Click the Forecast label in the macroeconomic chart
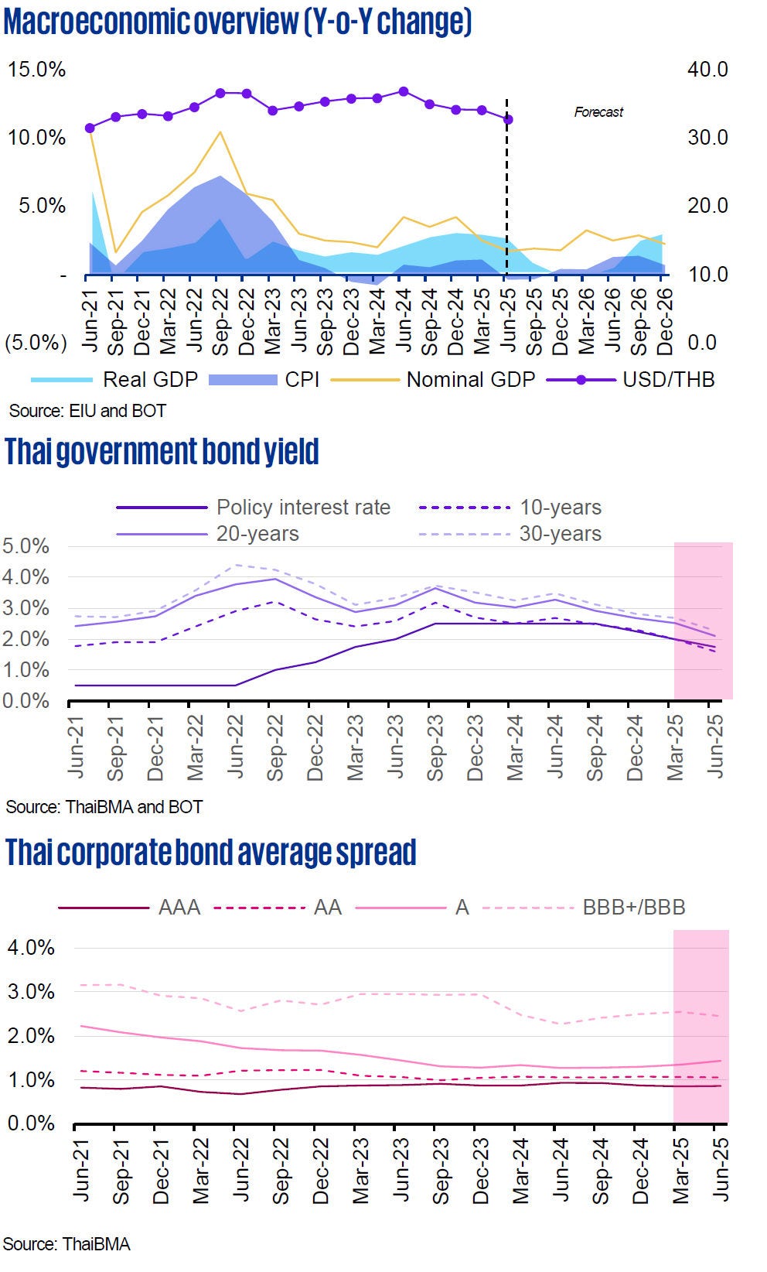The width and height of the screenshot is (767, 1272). [598, 112]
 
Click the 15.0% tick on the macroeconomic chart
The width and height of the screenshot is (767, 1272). [36, 70]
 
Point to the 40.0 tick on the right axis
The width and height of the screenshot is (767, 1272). [707, 70]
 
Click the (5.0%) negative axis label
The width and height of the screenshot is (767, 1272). [36, 342]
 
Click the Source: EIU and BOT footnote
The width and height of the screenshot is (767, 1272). [87, 411]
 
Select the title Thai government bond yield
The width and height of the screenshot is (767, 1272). [162, 452]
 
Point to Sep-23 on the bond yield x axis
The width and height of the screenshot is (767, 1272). [436, 747]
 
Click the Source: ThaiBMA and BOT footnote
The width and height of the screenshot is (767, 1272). [104, 807]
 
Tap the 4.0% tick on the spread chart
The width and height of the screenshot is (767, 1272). [31, 948]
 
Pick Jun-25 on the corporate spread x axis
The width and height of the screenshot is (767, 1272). [720, 1170]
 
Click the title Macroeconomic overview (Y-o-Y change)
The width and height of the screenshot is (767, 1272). [237, 22]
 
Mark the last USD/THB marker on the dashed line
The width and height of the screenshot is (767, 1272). [508, 119]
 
